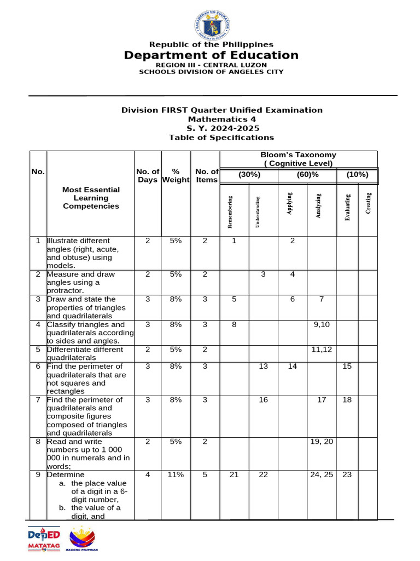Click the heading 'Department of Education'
pos(211,55)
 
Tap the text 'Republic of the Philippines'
pos(211,44)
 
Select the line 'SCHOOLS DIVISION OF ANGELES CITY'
pos(211,71)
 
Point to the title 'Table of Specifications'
pos(221,138)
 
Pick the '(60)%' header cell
pos(307,175)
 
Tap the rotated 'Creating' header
pos(368,203)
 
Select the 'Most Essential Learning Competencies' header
pos(91,198)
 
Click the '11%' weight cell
pos(176,475)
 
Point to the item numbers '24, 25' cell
pos(321,475)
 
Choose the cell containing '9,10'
pos(321,325)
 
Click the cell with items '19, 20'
pos(321,442)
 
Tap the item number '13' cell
pos(263,367)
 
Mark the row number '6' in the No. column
pos(38,367)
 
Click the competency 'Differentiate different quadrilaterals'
pos(85,353)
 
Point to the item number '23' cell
pos(347,475)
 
